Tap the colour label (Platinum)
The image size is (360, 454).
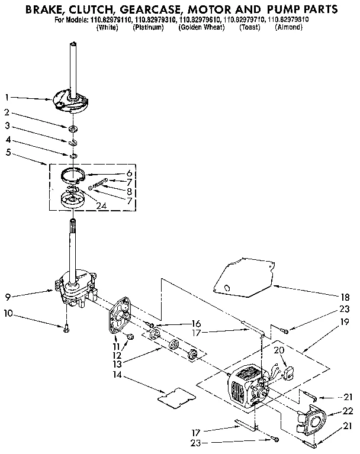(148, 28)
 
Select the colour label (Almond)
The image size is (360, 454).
(288, 28)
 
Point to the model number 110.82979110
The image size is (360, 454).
(113, 20)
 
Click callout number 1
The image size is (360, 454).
(7, 96)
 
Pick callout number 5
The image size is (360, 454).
(7, 152)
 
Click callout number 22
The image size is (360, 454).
(348, 411)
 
